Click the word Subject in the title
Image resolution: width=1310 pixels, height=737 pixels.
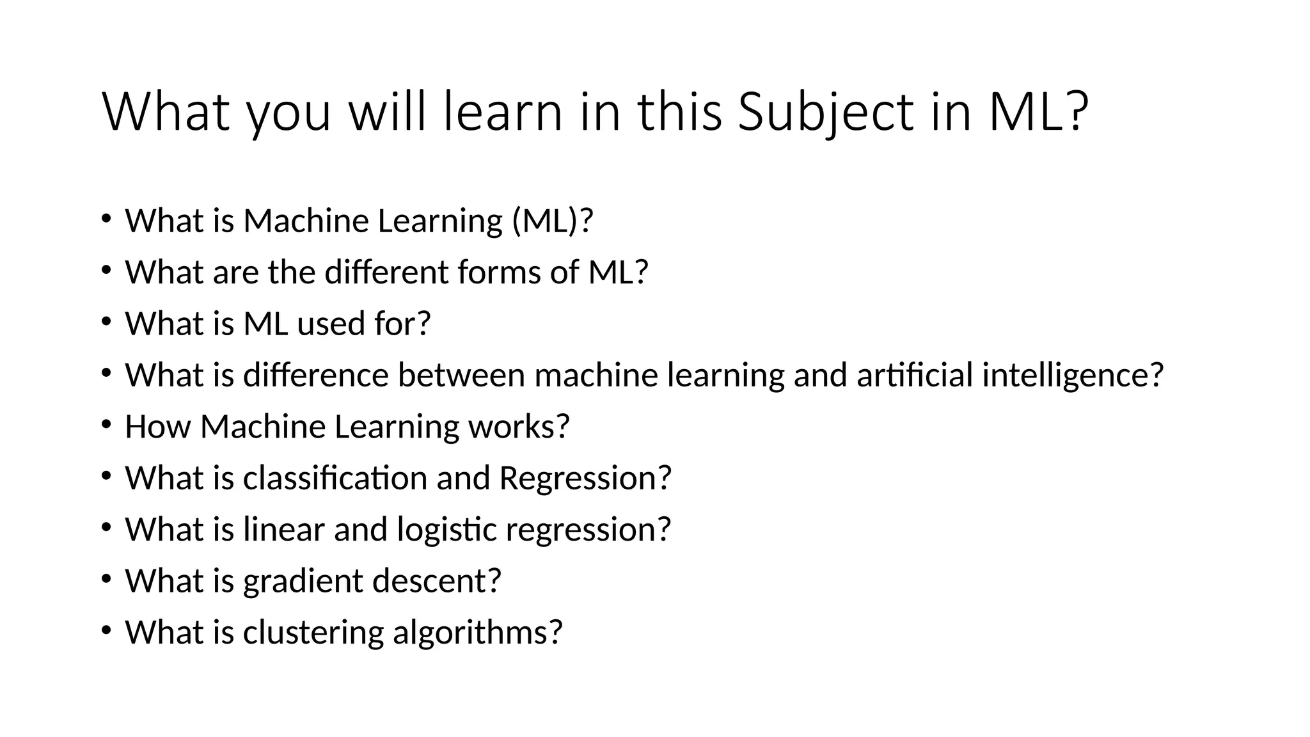[826, 113]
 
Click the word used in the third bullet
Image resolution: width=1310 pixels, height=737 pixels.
[331, 324]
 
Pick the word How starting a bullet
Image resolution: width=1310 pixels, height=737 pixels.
[157, 427]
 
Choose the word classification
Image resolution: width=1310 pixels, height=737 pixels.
[335, 479]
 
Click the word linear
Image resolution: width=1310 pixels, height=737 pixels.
[283, 530]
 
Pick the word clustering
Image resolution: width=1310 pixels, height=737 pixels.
[313, 633]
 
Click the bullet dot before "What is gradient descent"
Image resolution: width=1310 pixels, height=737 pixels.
[106, 578]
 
